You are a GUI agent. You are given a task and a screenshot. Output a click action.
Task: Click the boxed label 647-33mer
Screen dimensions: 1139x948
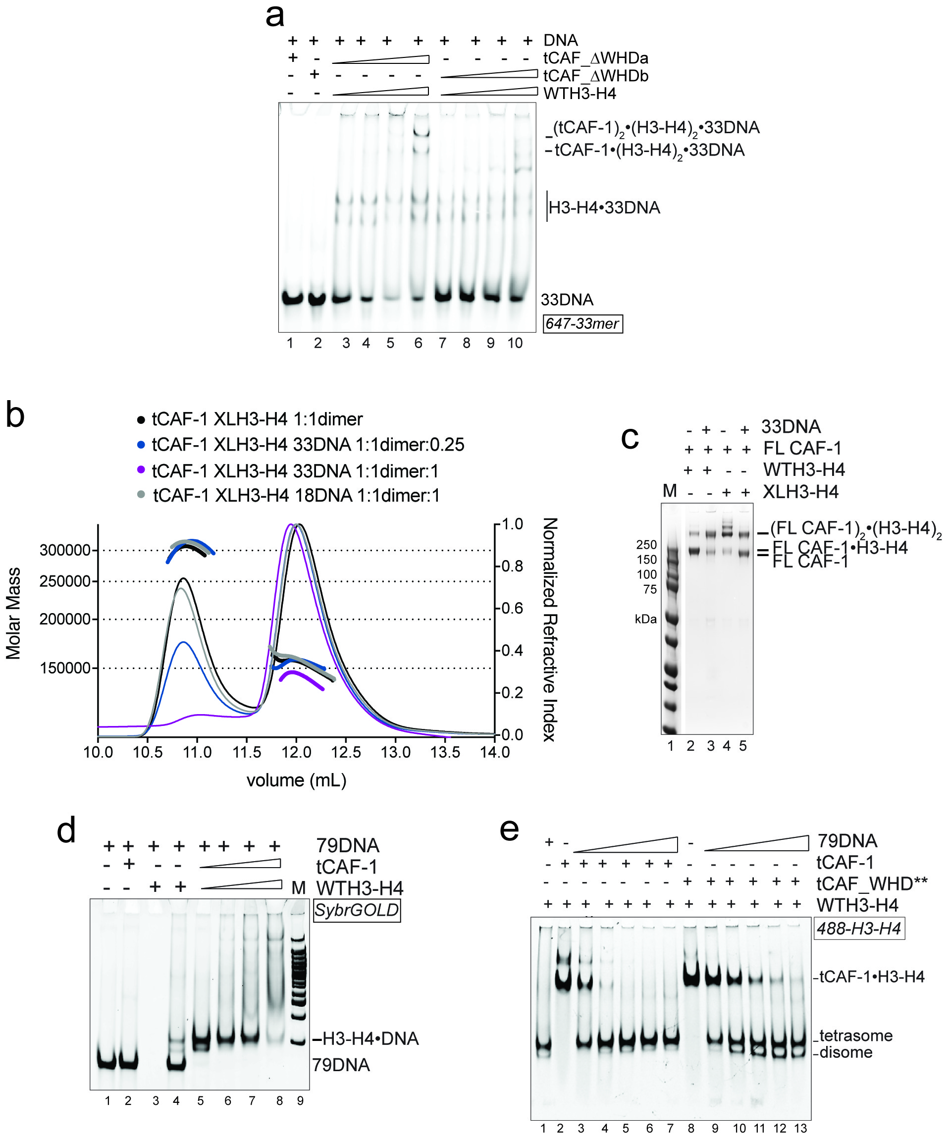click(x=582, y=323)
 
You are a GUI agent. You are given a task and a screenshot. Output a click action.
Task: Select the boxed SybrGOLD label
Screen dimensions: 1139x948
click(x=356, y=910)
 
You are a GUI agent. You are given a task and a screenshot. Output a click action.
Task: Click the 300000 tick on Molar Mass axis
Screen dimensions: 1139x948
click(x=65, y=550)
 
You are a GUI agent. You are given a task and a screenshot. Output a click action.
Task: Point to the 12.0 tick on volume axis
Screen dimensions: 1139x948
click(x=296, y=752)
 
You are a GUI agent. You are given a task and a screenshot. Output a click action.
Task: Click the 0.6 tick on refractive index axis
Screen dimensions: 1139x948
click(x=512, y=608)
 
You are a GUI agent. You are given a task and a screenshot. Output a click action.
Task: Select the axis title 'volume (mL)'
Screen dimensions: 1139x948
click(x=296, y=780)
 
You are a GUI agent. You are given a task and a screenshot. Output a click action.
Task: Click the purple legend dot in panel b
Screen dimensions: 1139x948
click(x=141, y=469)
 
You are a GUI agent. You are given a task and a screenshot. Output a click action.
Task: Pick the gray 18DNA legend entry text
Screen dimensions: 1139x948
click(x=296, y=495)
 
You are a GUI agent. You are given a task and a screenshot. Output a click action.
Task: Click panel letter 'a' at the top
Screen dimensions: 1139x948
click(x=274, y=16)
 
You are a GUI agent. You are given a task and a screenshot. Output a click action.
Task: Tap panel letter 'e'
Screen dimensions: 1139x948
click(x=509, y=830)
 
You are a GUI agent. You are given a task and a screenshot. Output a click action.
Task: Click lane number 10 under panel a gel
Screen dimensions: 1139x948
click(x=515, y=343)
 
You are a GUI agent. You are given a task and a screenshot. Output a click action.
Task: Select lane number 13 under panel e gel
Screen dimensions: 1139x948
click(x=800, y=1128)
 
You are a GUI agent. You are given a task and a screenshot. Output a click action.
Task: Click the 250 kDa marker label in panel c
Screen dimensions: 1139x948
click(x=646, y=545)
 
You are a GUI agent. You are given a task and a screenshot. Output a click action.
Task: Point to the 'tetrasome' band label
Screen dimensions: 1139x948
click(x=856, y=1035)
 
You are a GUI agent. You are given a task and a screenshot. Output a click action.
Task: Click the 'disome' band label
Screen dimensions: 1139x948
click(x=846, y=1052)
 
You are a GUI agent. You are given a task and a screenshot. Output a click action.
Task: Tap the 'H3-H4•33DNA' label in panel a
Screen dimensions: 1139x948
click(x=604, y=207)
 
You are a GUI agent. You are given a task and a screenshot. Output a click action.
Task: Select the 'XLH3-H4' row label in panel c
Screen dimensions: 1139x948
click(x=800, y=491)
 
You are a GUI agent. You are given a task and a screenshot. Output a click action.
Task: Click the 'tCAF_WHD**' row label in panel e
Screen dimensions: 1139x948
click(x=872, y=883)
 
